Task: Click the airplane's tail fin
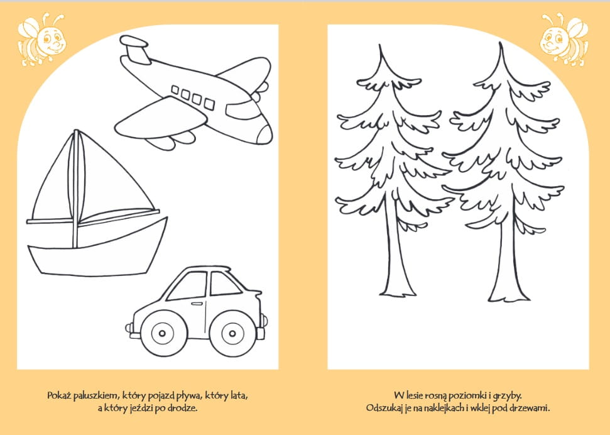[x=135, y=50]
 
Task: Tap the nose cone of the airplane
[x=265, y=135]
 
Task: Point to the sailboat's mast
[x=76, y=189]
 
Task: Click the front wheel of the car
[x=232, y=333]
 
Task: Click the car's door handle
[x=197, y=304]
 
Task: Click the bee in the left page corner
[x=41, y=40]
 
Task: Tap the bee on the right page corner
[x=564, y=40]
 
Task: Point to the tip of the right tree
[x=501, y=43]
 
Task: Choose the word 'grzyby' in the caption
[x=507, y=397]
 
